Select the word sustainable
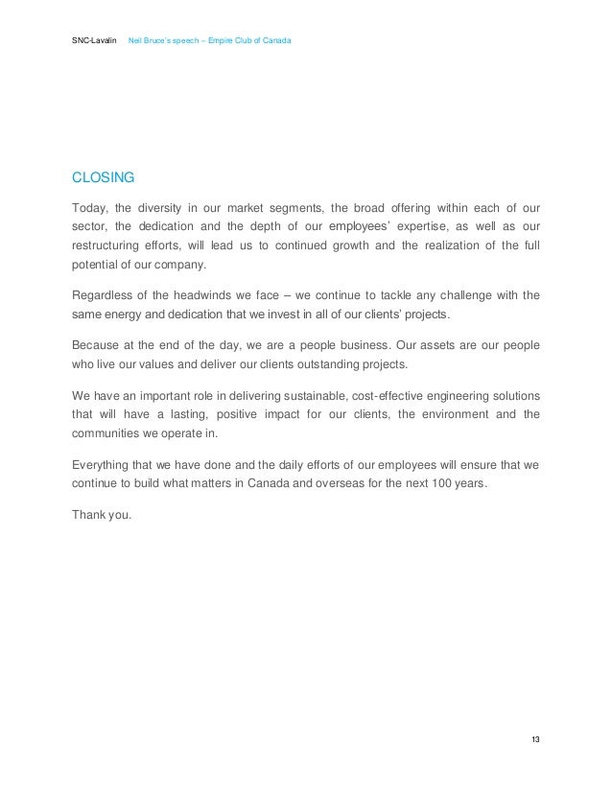click(x=307, y=396)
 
